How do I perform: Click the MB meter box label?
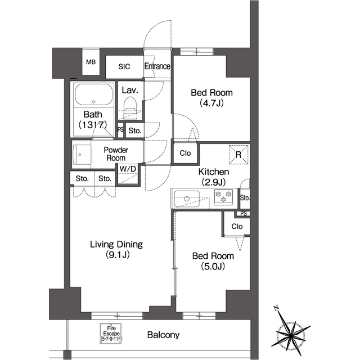click(x=91, y=62)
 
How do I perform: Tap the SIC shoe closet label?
click(x=124, y=66)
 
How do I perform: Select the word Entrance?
click(x=157, y=66)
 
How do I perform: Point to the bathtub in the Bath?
click(x=94, y=94)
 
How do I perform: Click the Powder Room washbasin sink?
click(x=79, y=154)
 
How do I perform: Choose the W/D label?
click(x=128, y=169)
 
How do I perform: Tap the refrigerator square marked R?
click(x=238, y=155)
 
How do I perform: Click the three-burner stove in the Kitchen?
click(x=223, y=197)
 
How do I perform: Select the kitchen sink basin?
click(x=187, y=199)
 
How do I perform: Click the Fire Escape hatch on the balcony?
click(x=111, y=334)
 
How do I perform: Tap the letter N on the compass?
click(x=276, y=308)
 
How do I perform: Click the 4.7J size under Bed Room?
click(x=211, y=103)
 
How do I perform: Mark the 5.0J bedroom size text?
click(x=213, y=266)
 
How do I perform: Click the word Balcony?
click(x=163, y=335)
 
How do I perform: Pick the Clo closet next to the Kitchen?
click(x=185, y=153)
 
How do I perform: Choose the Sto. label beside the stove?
click(x=245, y=197)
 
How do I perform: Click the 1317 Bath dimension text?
click(x=93, y=125)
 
